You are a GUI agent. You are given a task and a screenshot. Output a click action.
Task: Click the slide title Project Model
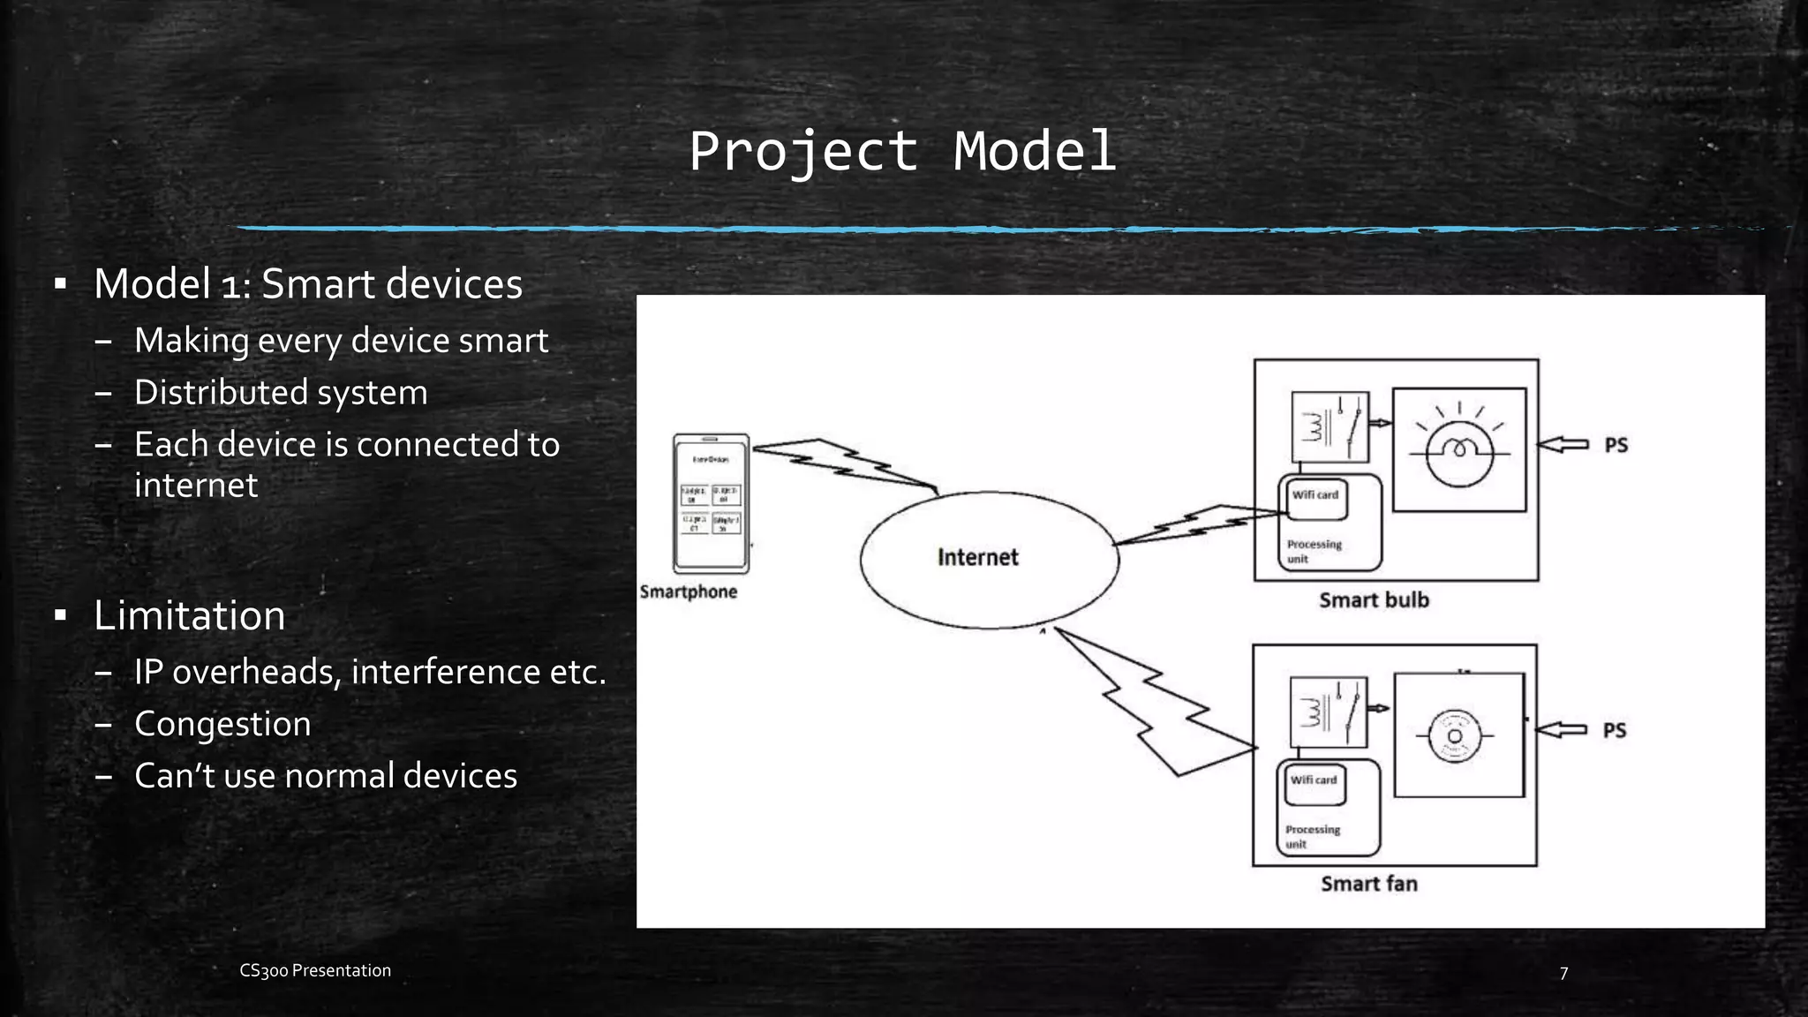902,151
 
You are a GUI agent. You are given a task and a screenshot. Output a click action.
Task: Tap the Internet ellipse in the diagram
989,559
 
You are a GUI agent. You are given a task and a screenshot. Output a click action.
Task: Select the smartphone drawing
711,504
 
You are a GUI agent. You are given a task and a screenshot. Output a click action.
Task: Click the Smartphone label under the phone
689,591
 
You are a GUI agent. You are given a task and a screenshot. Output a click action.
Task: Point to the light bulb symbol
1459,449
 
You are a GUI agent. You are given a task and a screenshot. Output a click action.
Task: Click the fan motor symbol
1455,735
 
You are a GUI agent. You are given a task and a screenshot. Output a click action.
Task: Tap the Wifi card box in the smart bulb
1315,496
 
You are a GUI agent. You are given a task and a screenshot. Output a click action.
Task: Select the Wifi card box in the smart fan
1315,781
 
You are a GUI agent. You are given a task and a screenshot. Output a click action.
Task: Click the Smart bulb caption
1374,600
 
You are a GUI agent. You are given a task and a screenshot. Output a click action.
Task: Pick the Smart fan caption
1369,884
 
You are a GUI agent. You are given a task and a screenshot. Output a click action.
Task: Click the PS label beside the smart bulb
1616,445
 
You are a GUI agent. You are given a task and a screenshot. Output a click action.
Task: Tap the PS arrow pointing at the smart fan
1561,729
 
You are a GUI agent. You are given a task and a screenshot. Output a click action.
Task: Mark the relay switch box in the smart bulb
1330,427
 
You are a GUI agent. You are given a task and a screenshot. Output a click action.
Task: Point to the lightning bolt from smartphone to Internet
843,464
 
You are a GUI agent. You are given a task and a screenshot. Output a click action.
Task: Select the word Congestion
222,724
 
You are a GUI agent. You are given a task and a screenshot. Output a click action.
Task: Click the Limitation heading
190,615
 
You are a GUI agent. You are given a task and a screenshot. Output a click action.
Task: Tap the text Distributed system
281,393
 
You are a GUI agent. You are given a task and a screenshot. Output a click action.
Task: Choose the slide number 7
1563,973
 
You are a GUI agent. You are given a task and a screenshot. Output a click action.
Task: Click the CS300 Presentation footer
315,970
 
